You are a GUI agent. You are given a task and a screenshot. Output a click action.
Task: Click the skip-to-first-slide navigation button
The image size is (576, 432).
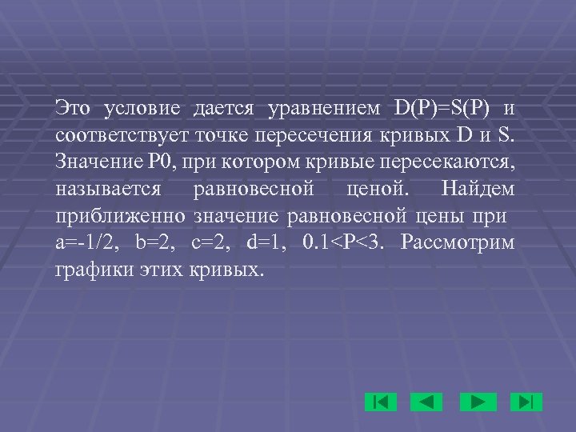381,401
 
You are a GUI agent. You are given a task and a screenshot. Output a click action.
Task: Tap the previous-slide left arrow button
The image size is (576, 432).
426,401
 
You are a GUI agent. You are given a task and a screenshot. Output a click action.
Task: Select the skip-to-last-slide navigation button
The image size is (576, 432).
526,401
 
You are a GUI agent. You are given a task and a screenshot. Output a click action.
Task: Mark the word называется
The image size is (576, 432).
109,193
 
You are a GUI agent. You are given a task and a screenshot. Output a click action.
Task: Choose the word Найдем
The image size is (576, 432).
478,193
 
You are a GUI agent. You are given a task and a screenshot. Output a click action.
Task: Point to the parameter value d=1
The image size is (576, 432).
262,243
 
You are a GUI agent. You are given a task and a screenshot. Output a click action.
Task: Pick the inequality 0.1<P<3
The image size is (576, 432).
345,243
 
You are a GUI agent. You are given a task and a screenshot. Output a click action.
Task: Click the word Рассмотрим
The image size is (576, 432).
459,243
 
